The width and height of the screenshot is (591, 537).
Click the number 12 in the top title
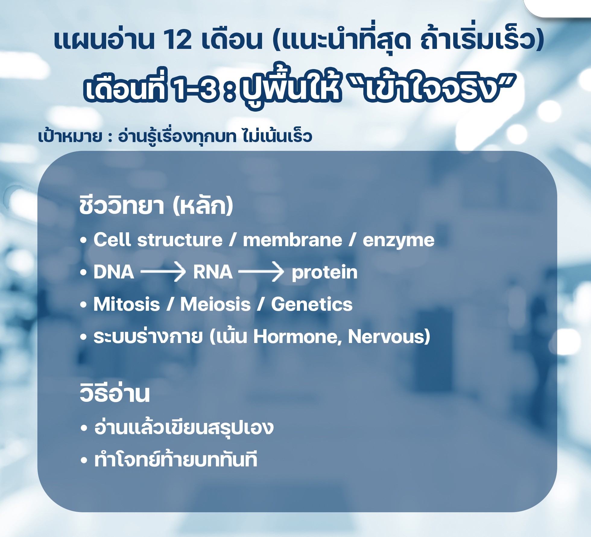(177, 40)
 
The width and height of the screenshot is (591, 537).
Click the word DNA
(114, 272)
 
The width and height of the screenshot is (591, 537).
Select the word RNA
(213, 272)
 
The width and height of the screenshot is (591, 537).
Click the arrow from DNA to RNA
(163, 272)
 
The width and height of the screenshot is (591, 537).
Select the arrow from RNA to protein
(261, 272)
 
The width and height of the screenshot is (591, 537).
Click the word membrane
(292, 240)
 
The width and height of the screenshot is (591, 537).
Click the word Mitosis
(127, 304)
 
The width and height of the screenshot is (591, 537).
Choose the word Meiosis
(215, 304)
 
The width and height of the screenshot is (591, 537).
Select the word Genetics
(312, 304)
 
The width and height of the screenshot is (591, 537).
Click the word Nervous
(387, 337)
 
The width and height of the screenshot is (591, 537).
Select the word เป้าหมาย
(70, 136)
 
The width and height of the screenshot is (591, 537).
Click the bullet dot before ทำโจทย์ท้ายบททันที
(84, 460)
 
